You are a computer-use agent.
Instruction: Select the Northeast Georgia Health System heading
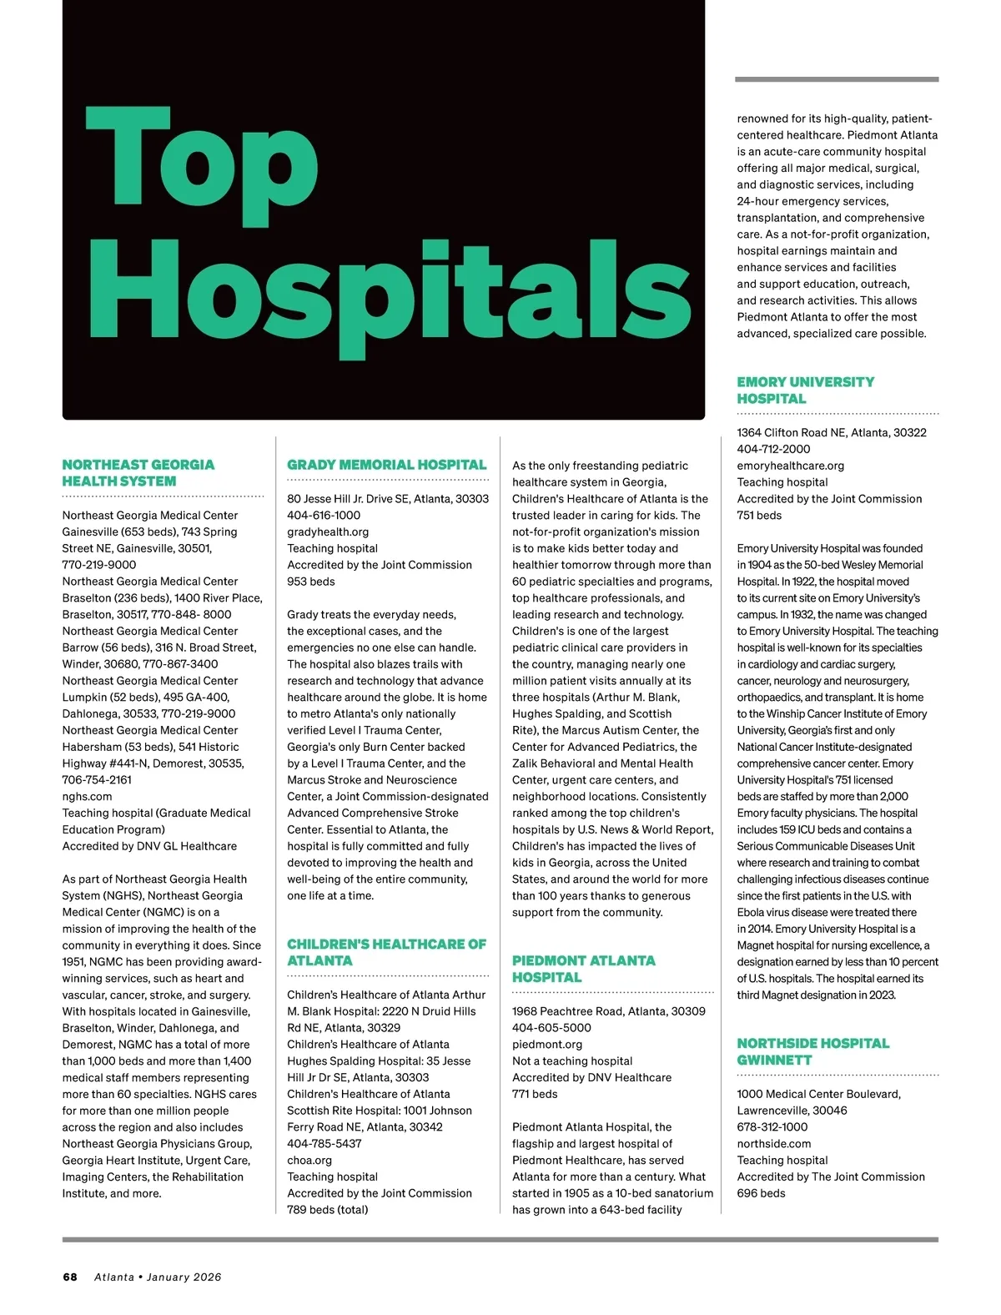pos(138,473)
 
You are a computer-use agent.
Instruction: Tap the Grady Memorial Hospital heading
pos(386,465)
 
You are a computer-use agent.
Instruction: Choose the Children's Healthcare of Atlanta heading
pos(386,952)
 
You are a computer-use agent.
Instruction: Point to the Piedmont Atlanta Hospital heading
pos(584,969)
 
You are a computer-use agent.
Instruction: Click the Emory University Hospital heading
pos(806,390)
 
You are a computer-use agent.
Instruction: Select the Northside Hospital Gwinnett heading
pos(812,1051)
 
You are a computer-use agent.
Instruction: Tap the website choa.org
pos(309,1160)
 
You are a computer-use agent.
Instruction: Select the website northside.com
pos(773,1143)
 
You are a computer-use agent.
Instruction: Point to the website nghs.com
pos(87,796)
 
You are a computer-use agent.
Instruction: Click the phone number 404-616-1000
pos(324,515)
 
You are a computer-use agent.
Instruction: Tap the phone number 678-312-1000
pos(772,1126)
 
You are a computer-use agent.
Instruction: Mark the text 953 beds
pos(311,581)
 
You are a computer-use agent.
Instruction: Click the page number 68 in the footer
pos(70,1277)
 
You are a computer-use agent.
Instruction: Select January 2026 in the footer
pos(184,1277)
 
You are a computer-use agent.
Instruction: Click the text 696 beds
pos(761,1193)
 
